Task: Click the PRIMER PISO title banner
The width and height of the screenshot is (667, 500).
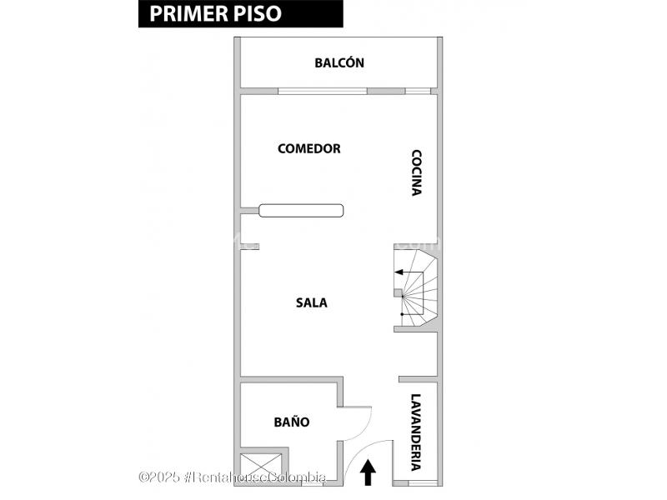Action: tap(241, 13)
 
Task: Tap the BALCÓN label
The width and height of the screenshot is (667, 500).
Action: tap(339, 63)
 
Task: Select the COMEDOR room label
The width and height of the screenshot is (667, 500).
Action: tap(309, 149)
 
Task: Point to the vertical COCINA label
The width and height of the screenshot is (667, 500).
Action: tap(416, 172)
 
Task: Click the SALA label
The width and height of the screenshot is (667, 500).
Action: tap(312, 302)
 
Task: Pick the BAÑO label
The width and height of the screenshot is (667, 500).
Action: tap(292, 422)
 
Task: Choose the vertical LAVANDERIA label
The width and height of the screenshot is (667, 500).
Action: tap(415, 432)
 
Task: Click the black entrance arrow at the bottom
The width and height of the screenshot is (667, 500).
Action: tap(368, 473)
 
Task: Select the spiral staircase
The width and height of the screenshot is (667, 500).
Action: tap(415, 287)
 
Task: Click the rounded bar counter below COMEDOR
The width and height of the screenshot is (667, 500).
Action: tap(301, 211)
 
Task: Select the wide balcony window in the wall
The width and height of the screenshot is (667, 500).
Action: tap(323, 91)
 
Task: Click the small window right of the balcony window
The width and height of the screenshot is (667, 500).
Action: tap(418, 91)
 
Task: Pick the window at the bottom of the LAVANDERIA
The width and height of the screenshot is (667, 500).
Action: tap(423, 483)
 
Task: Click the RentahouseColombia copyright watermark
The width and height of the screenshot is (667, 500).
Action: tap(233, 477)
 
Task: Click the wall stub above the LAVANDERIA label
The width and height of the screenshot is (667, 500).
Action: tap(419, 379)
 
